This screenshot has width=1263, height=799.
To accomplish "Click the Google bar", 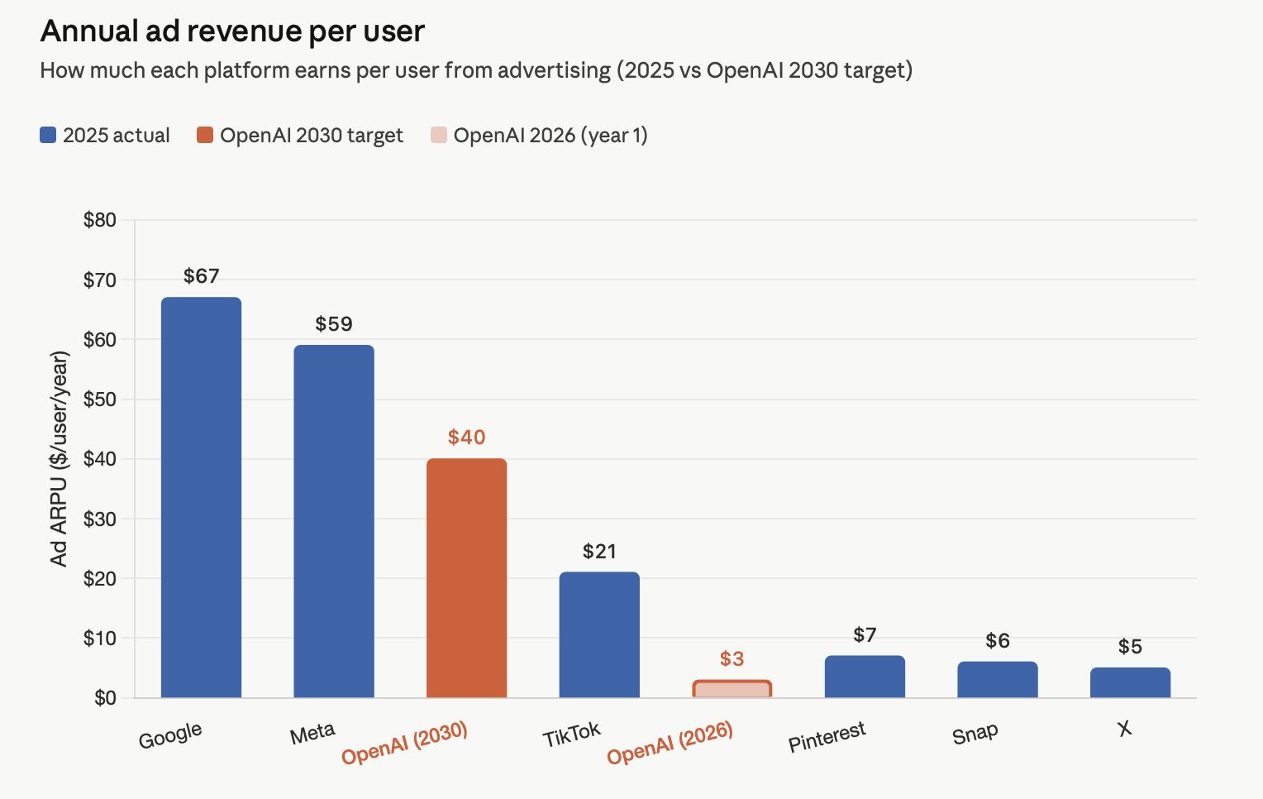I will tap(201, 497).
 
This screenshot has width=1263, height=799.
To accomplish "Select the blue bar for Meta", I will tap(334, 521).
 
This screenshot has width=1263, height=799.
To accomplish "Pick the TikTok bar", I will tap(599, 634).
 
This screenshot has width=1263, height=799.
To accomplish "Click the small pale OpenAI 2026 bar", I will tap(732, 689).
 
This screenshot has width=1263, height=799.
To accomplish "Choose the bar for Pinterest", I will tap(865, 677).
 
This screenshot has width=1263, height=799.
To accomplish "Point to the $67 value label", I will tap(201, 275).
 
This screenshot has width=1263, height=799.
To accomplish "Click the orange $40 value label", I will tap(466, 437).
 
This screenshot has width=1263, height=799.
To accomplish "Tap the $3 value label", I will tap(732, 658).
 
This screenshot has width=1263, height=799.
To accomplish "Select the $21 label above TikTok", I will tap(599, 551).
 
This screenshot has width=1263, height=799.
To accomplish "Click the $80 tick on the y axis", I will tap(100, 220).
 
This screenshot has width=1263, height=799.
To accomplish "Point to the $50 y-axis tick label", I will tap(100, 399).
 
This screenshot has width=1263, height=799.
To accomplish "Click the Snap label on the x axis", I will tap(975, 734).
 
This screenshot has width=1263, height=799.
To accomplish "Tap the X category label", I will tap(1124, 729).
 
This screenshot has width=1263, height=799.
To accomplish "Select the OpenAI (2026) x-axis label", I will tap(670, 742).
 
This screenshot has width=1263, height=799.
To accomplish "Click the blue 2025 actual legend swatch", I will tap(48, 135).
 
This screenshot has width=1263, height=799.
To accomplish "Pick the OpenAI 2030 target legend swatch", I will tap(205, 135).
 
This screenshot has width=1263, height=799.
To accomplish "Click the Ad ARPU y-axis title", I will tap(59, 459).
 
